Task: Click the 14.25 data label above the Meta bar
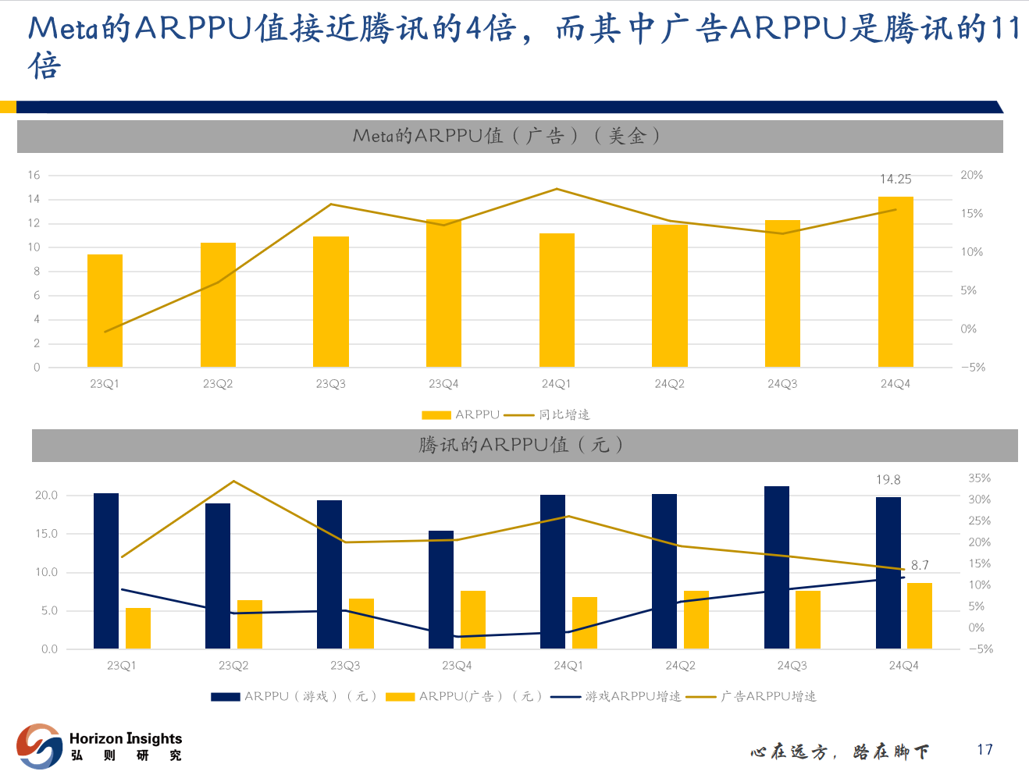point(895,180)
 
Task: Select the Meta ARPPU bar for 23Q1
point(105,311)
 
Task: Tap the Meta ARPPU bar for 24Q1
point(557,300)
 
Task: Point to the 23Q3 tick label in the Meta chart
point(330,384)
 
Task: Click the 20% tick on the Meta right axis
point(971,175)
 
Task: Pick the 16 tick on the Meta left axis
point(34,175)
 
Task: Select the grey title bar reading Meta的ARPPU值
point(509,136)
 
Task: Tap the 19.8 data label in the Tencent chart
point(888,480)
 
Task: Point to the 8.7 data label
point(920,565)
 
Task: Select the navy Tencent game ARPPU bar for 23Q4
point(441,590)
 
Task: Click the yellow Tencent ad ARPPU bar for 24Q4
point(920,616)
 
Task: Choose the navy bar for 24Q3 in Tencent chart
point(777,567)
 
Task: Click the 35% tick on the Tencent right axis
point(979,478)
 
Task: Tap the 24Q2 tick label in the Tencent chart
point(680,666)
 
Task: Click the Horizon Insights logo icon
point(39,746)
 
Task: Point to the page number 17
point(984,750)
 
